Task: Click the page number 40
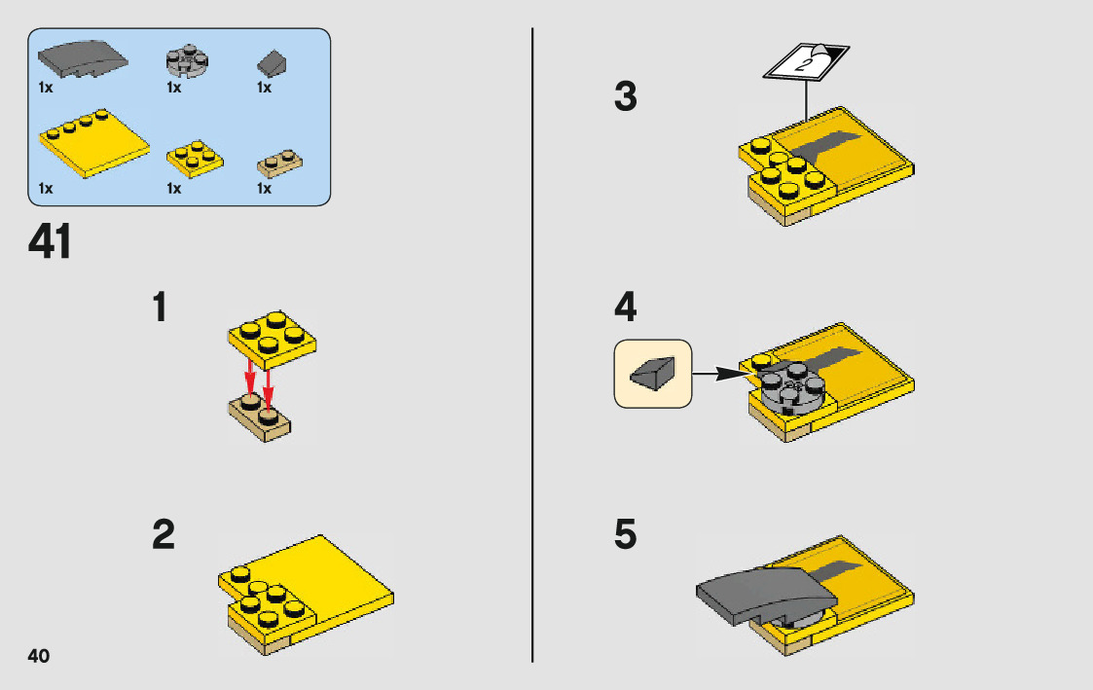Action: pyautogui.click(x=38, y=656)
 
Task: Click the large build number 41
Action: pyautogui.click(x=50, y=241)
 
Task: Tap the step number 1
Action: pyautogui.click(x=160, y=308)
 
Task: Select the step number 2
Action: pyautogui.click(x=164, y=534)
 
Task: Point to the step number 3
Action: pyautogui.click(x=625, y=96)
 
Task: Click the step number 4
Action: pyautogui.click(x=625, y=307)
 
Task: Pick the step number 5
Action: pyautogui.click(x=625, y=534)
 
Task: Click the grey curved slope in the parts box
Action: pyautogui.click(x=83, y=59)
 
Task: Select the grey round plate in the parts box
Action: pyautogui.click(x=187, y=61)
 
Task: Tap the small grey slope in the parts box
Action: pyautogui.click(x=272, y=64)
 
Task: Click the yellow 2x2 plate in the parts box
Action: pyautogui.click(x=196, y=159)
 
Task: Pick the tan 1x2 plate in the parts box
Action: pyautogui.click(x=279, y=163)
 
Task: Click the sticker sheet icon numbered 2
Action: pyautogui.click(x=806, y=62)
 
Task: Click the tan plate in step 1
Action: pyautogui.click(x=259, y=417)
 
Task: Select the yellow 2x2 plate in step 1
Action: pyautogui.click(x=272, y=340)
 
